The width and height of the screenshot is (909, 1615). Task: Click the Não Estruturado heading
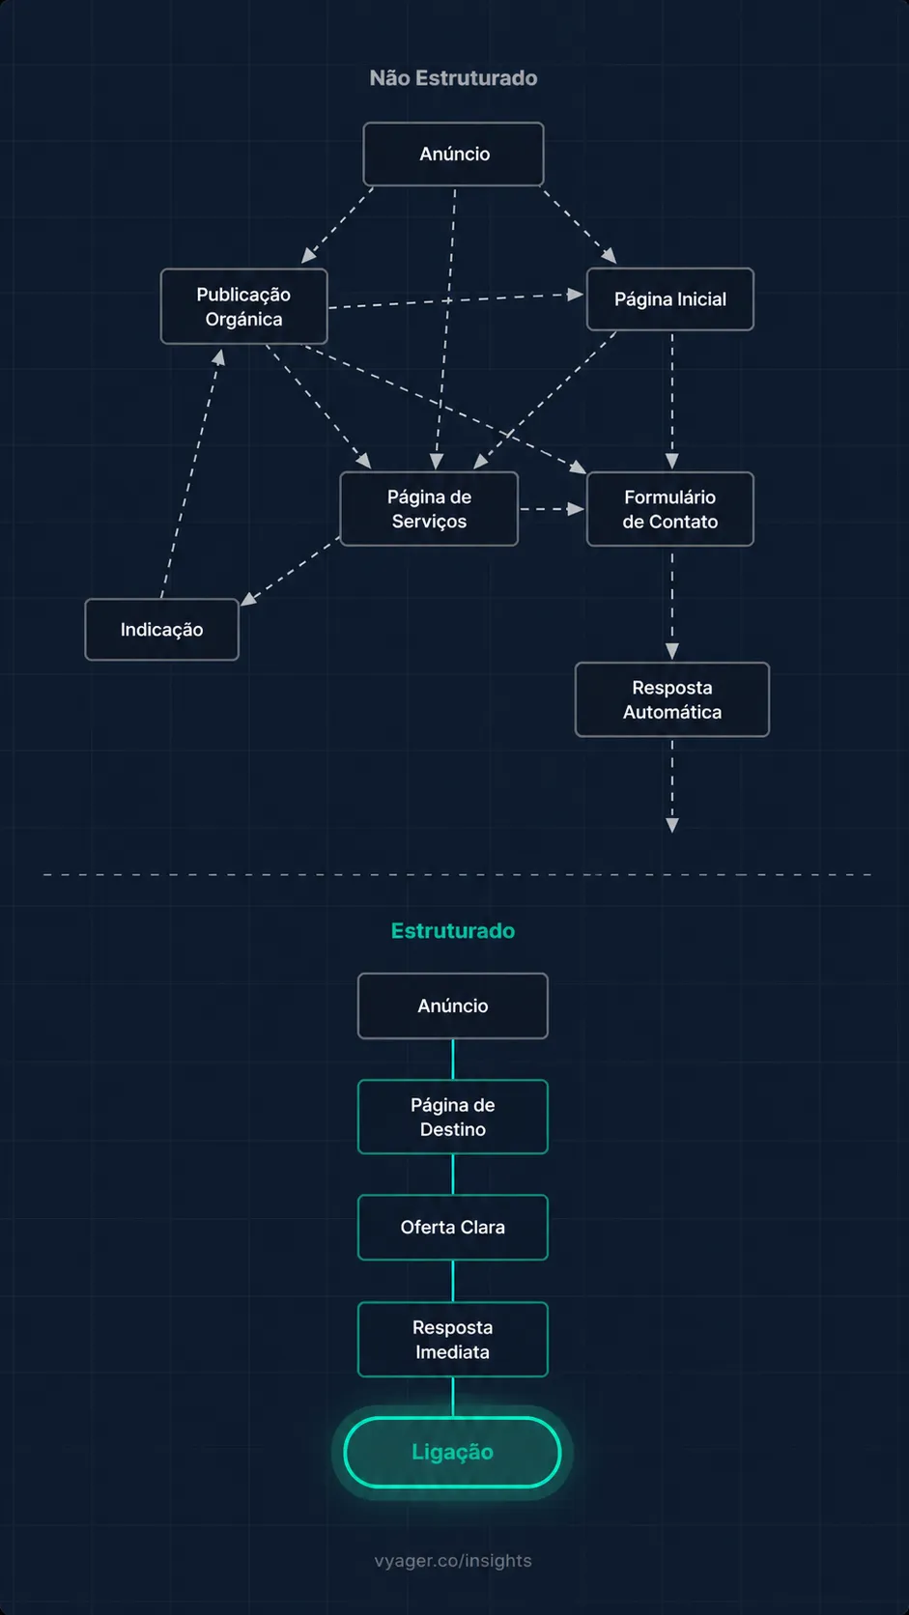(x=453, y=78)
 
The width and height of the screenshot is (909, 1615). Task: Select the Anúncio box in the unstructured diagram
(x=453, y=154)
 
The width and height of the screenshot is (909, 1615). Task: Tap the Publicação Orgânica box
(x=243, y=306)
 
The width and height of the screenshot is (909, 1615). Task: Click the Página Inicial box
(x=669, y=299)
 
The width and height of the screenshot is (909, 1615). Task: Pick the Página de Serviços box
(x=429, y=509)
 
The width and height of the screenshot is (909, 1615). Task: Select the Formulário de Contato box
(x=669, y=509)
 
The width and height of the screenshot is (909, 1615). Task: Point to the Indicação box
(x=161, y=630)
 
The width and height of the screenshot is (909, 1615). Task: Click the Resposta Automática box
(x=671, y=699)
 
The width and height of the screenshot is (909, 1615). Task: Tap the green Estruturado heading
(x=452, y=931)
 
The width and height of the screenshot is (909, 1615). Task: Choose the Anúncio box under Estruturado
(x=452, y=1006)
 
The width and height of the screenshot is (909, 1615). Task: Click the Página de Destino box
(x=452, y=1117)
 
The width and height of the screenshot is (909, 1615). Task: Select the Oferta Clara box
(x=452, y=1227)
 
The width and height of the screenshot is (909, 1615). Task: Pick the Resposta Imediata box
(x=452, y=1339)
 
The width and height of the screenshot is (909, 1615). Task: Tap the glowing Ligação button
(x=452, y=1452)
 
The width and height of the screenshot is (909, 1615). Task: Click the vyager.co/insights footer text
(x=453, y=1561)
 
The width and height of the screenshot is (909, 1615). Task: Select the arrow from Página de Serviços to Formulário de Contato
(x=552, y=509)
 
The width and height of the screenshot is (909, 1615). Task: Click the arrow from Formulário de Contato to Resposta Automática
(x=672, y=604)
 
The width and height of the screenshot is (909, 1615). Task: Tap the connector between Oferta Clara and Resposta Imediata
(x=453, y=1281)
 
